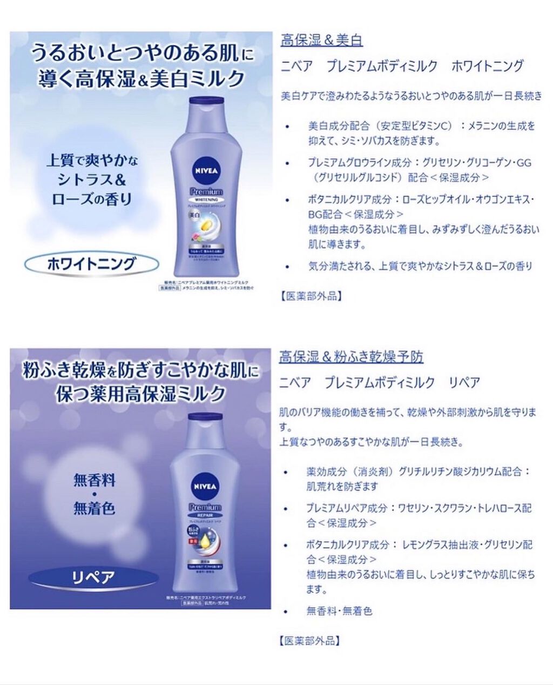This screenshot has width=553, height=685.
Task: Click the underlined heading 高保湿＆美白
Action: point(321,40)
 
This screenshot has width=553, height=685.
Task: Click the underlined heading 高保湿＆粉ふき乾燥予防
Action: point(351,357)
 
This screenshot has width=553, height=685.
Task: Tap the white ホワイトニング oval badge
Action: point(91,264)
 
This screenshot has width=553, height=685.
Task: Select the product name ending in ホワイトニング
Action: point(402,66)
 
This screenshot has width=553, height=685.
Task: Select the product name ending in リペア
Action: point(380,383)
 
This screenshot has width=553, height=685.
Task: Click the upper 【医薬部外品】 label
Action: point(311,296)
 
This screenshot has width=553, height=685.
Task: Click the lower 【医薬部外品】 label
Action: point(310,641)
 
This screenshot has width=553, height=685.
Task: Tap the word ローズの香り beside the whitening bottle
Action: point(91,199)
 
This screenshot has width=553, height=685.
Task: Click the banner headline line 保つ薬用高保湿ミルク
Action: point(140,393)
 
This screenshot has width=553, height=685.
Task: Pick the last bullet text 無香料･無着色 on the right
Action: point(339,611)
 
